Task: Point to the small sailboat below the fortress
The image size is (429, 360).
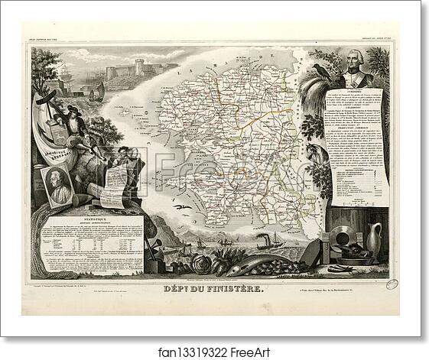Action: (x=97, y=93)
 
